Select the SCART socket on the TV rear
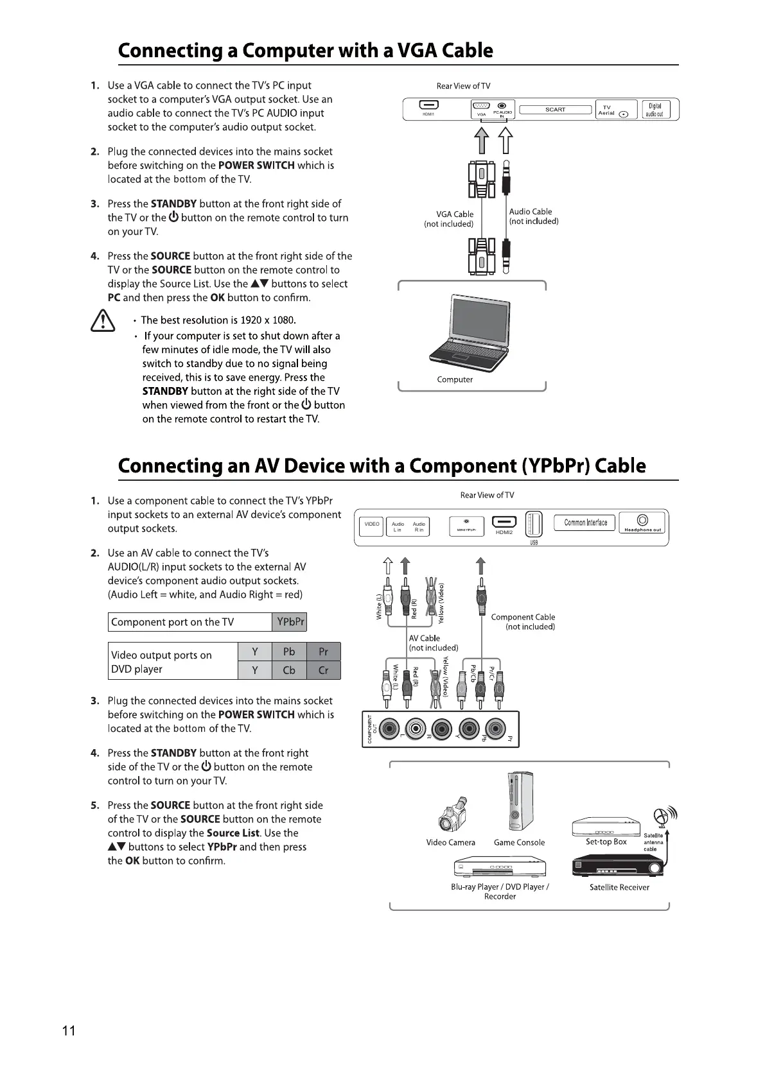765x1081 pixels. tap(555, 110)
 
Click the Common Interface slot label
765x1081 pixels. tap(585, 523)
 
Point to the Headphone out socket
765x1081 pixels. tap(642, 520)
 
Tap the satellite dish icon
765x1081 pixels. tap(664, 816)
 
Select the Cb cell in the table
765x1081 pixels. tap(289, 670)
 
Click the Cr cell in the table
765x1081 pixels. tap(323, 670)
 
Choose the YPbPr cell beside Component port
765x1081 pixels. tap(290, 622)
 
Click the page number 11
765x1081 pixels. tap(69, 1031)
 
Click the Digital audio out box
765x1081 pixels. tap(655, 110)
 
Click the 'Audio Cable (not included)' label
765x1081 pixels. tap(533, 216)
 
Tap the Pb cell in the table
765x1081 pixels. tap(289, 652)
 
